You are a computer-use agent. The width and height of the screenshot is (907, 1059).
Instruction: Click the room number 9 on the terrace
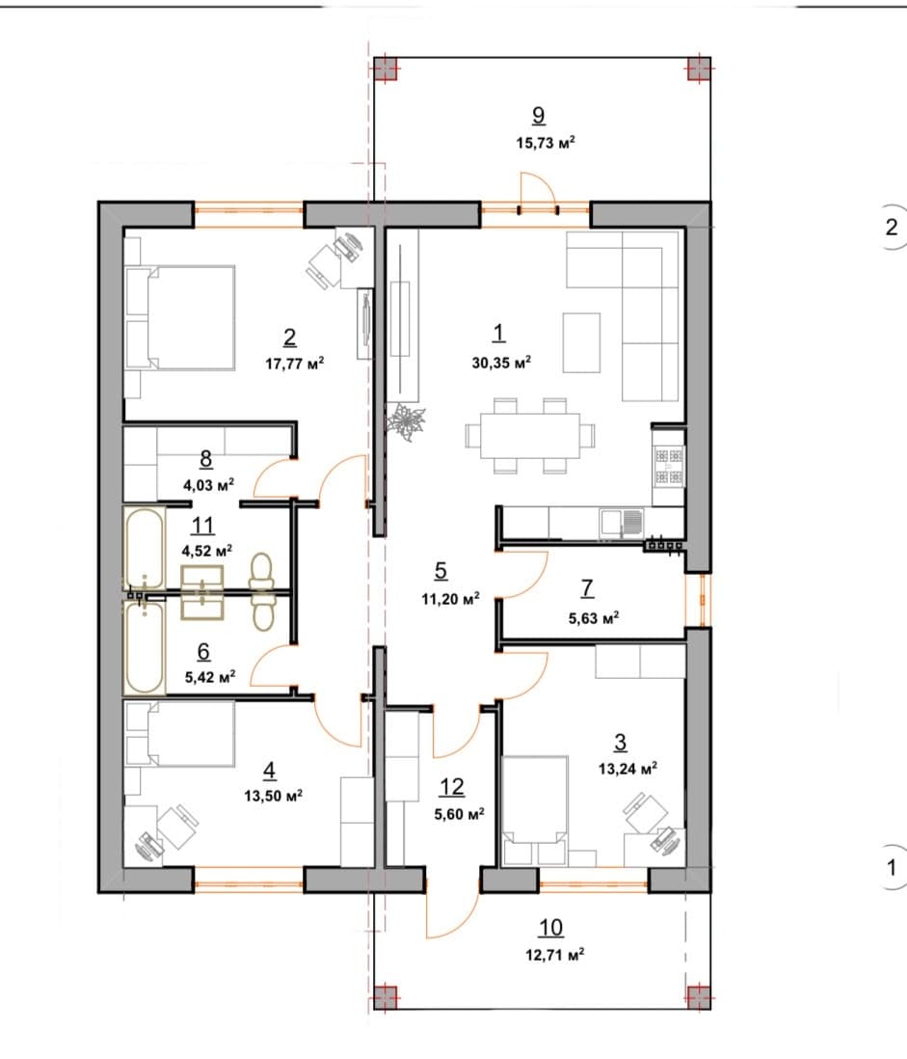coord(538,116)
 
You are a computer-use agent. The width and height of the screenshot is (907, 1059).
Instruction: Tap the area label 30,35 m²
coord(501,362)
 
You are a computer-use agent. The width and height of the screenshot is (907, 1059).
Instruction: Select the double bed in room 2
coord(180,317)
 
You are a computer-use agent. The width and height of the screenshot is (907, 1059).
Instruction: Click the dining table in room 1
coord(530,435)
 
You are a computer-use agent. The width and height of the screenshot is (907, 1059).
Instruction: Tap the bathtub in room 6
coord(145,648)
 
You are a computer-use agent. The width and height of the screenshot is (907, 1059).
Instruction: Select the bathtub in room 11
coord(145,548)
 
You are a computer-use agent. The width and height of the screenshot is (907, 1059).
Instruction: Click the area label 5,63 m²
coord(594,617)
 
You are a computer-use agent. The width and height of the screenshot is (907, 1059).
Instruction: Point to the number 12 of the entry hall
coord(451,787)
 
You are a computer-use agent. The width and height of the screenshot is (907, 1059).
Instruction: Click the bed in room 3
coord(535,810)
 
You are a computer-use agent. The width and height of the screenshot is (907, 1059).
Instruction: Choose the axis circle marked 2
coord(893,227)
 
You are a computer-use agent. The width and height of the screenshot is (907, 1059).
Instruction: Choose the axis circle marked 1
coord(893,866)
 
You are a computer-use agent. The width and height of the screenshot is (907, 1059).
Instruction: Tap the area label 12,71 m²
coord(555,954)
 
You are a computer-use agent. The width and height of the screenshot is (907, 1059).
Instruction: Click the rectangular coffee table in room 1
coord(581,342)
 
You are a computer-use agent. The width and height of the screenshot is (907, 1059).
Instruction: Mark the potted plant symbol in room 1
coord(406,421)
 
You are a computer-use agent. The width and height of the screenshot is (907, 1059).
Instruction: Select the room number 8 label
coord(206,459)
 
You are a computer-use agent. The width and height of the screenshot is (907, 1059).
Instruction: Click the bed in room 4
coord(180,734)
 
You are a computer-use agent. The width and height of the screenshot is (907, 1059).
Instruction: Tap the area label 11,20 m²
coord(451,598)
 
